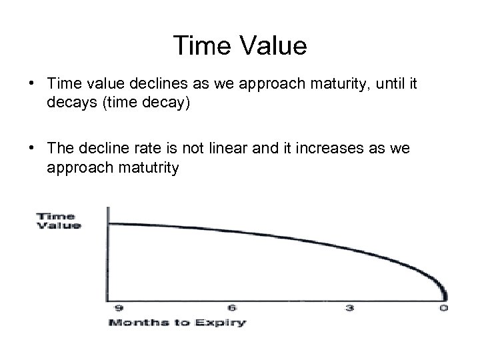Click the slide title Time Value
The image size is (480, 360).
pyautogui.click(x=240, y=46)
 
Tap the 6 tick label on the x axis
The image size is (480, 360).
pyautogui.click(x=231, y=308)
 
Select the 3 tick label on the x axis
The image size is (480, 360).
pyautogui.click(x=349, y=308)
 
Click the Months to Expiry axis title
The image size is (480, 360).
pyautogui.click(x=177, y=323)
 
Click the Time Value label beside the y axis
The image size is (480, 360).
pyautogui.click(x=57, y=221)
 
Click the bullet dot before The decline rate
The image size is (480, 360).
pyautogui.click(x=32, y=151)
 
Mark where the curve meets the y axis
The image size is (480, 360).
pyautogui.click(x=107, y=224)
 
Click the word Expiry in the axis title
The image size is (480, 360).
pyautogui.click(x=223, y=323)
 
